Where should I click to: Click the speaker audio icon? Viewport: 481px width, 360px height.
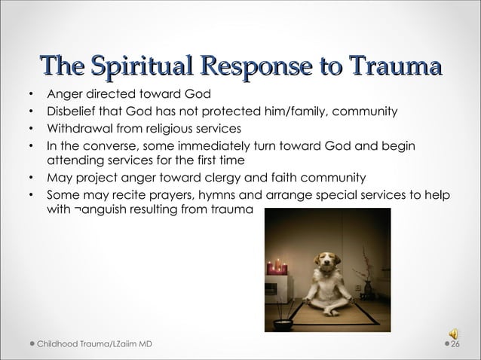pos(454,329)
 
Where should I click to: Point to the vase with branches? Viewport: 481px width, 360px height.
pos(368,279)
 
